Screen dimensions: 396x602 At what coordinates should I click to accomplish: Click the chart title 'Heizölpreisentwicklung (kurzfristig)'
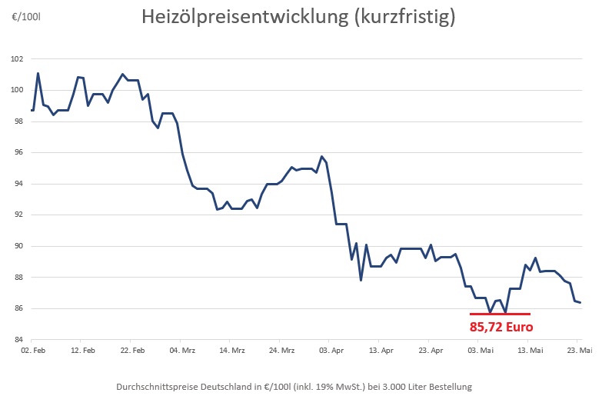(x=298, y=18)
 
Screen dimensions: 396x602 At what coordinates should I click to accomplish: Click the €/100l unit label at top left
(x=26, y=16)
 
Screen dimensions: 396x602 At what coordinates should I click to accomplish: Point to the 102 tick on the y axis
(x=17, y=59)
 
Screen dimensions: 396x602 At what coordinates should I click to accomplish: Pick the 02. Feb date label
(x=32, y=351)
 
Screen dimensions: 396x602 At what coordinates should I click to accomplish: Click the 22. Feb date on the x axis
(x=132, y=351)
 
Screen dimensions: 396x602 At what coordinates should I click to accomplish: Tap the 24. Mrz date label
(x=281, y=351)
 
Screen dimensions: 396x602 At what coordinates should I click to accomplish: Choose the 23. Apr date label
(x=431, y=351)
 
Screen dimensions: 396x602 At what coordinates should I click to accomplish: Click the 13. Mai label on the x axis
(x=530, y=351)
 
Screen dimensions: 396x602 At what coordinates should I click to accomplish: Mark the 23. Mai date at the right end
(x=579, y=351)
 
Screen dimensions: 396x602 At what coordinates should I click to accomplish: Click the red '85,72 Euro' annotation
(x=501, y=326)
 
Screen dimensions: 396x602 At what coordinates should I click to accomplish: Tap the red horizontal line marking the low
(x=500, y=314)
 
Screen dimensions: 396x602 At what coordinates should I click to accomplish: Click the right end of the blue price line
(x=580, y=303)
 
